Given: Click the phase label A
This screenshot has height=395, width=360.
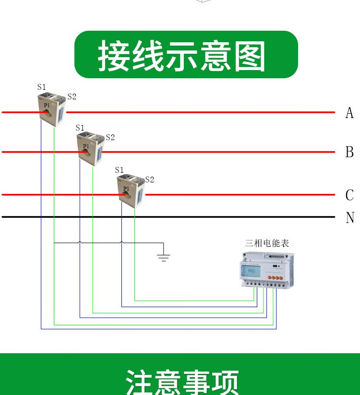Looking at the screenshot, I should click(349, 113).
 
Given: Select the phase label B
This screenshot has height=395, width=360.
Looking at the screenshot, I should click(349, 152).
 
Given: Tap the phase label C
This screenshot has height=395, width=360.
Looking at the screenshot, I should click(349, 195).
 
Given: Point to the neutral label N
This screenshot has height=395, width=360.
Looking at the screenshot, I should click(349, 217).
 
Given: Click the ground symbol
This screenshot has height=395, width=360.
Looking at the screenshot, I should click(164, 257).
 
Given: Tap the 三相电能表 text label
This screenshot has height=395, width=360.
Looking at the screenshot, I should click(267, 243).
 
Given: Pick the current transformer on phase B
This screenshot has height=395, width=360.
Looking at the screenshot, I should click(90, 149).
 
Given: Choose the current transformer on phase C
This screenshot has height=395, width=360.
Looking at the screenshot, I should click(131, 191).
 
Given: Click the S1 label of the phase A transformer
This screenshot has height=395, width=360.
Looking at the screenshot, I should click(42, 87).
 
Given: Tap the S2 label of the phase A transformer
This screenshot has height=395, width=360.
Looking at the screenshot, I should click(72, 96).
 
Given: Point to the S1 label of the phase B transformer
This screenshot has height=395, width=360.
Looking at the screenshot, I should click(80, 128).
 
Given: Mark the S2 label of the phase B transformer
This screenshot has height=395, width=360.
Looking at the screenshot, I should click(110, 137).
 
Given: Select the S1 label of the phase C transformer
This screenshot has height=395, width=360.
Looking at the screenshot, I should click(120, 170).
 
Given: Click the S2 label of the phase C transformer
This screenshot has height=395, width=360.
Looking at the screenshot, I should click(149, 180).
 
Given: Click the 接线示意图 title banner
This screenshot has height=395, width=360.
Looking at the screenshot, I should click(186, 55).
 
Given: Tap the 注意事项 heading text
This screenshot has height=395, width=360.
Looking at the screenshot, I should click(182, 382).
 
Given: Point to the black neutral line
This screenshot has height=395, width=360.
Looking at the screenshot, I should click(192, 217).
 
